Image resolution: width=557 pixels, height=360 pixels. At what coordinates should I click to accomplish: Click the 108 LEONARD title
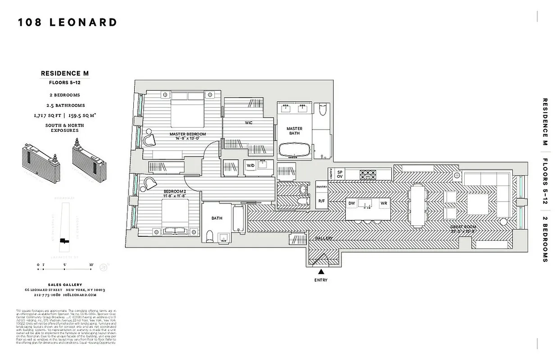click(x=68, y=22)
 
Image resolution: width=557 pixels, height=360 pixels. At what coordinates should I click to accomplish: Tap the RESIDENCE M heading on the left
click(x=68, y=73)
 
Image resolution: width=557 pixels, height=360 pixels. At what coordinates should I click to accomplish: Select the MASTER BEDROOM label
click(x=187, y=135)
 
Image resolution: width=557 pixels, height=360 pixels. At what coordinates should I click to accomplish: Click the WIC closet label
click(x=248, y=123)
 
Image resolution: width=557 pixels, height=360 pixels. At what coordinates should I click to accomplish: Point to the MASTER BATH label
click(x=294, y=131)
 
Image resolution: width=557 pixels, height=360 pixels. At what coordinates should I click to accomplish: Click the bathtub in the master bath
click(x=295, y=150)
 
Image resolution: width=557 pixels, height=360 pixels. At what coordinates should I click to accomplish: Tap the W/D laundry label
click(x=250, y=166)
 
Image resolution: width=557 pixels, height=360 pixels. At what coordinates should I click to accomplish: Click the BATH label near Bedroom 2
click(x=217, y=218)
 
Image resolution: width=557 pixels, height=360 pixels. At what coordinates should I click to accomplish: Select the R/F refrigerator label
click(x=322, y=201)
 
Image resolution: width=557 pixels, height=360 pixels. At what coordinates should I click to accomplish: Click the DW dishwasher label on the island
click(x=352, y=203)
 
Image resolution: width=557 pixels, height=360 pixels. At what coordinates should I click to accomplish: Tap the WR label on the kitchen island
click(x=384, y=203)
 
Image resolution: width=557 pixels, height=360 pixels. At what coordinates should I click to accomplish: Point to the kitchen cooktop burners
click(x=368, y=173)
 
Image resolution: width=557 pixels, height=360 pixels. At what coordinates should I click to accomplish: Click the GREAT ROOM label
click(x=463, y=227)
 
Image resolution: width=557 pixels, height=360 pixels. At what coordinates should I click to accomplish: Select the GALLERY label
click(x=323, y=238)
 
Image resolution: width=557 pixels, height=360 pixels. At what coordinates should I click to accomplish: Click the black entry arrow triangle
click(x=321, y=272)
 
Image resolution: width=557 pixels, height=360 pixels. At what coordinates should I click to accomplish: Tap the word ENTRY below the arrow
click(x=321, y=280)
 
